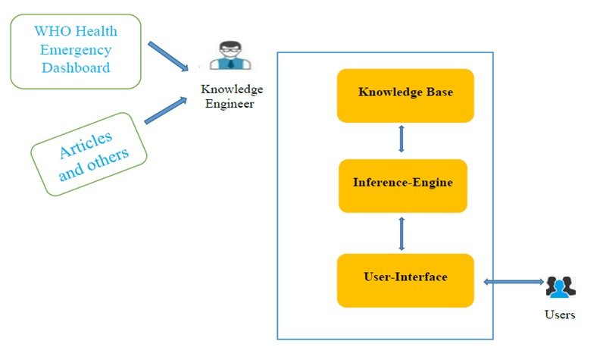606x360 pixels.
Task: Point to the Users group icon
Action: (x=561, y=287)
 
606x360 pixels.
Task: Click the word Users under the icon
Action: (x=560, y=315)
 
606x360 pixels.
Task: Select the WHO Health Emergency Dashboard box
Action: (x=76, y=50)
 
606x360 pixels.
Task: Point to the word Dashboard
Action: (x=76, y=67)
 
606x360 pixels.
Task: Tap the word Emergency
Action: (x=76, y=50)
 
